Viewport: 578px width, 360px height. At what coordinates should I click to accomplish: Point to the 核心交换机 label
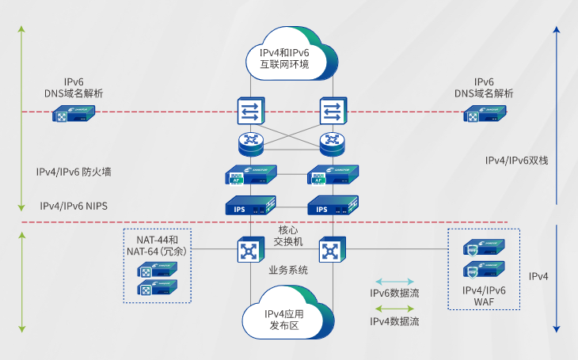pos(289,235)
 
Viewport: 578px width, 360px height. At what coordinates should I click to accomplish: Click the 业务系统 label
pos(288,271)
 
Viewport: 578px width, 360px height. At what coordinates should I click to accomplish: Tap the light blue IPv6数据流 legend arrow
pos(394,281)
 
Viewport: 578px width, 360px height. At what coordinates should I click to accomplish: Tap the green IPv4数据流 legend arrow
pos(394,309)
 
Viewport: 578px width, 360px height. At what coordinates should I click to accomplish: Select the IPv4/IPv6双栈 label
pos(516,161)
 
